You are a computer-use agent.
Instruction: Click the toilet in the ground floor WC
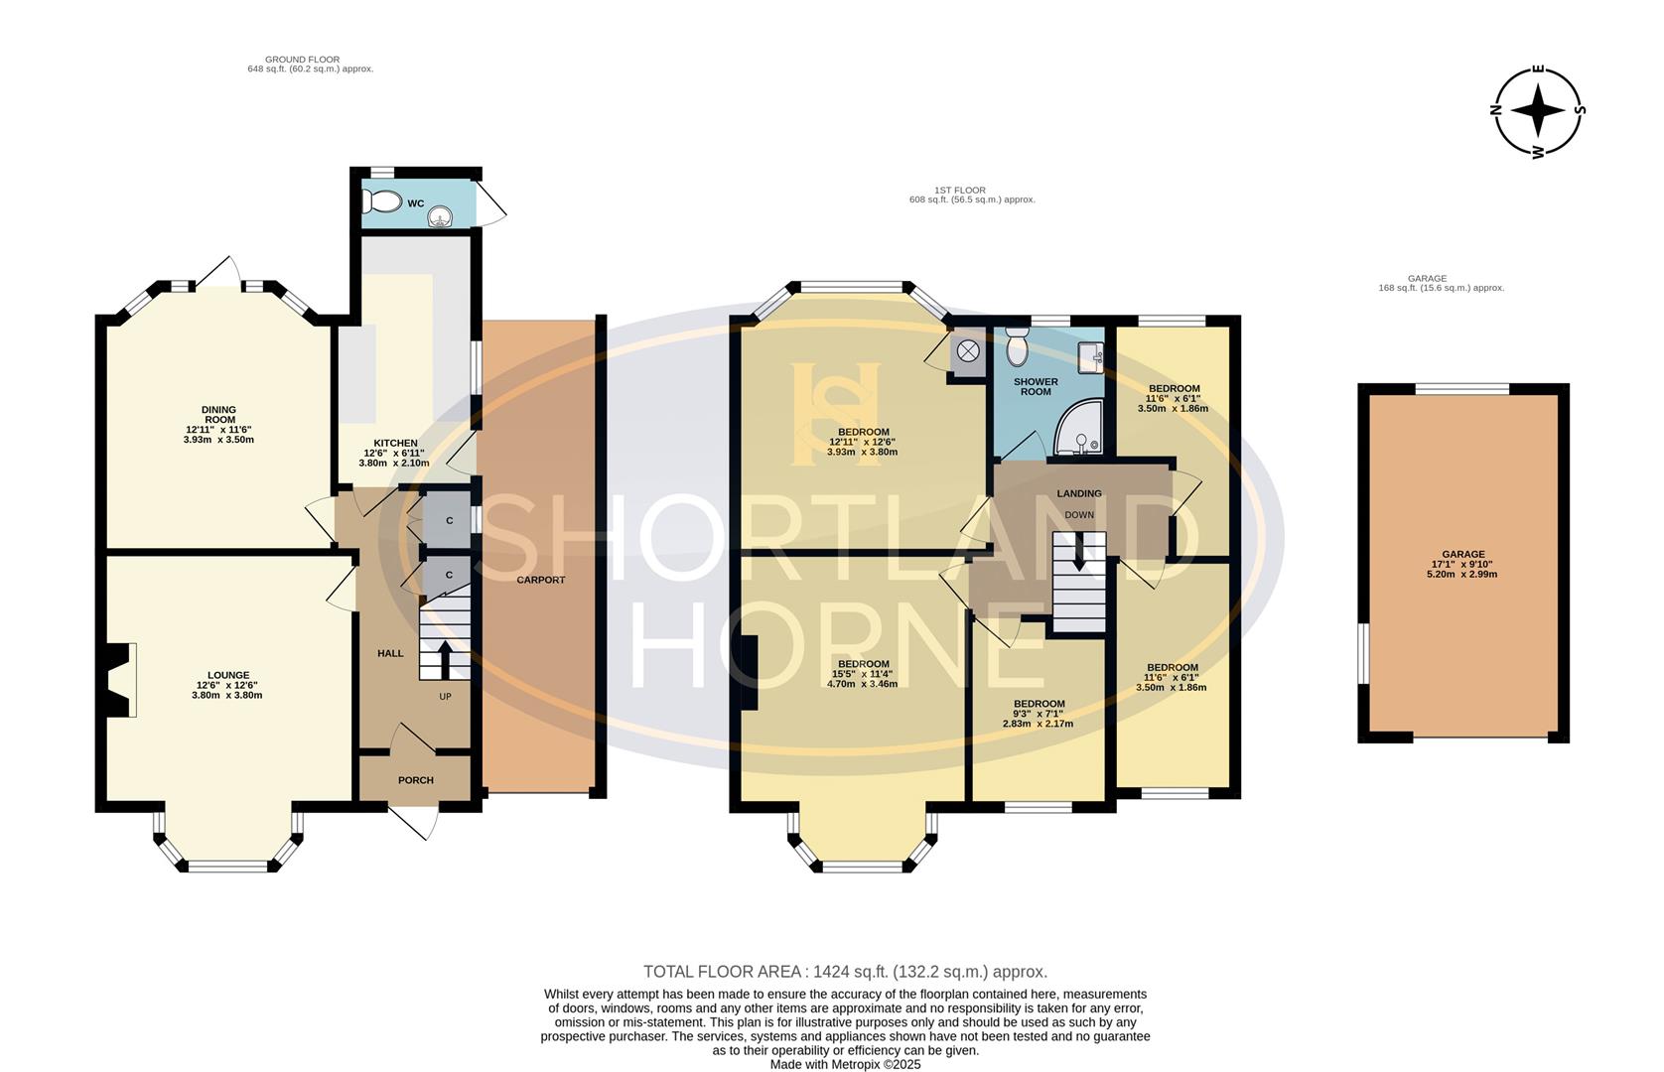coord(381,201)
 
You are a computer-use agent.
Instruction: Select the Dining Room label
coord(218,414)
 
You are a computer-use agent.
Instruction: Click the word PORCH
coord(416,780)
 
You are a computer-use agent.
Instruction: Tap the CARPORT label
coord(541,580)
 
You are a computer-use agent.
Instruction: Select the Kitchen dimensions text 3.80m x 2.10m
coord(396,463)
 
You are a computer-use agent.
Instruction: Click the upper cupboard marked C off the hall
coord(449,521)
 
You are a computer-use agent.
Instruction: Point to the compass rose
coord(1538,110)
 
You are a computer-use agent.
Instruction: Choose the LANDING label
coord(1079,493)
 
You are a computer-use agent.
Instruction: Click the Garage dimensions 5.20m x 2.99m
coord(1463,574)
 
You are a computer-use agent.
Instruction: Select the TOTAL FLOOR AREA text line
coord(845,972)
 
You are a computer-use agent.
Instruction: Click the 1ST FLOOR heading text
coord(960,190)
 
